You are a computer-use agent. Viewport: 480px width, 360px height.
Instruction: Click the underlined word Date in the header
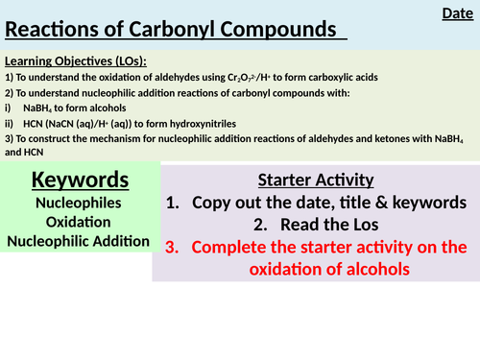click(x=456, y=13)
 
